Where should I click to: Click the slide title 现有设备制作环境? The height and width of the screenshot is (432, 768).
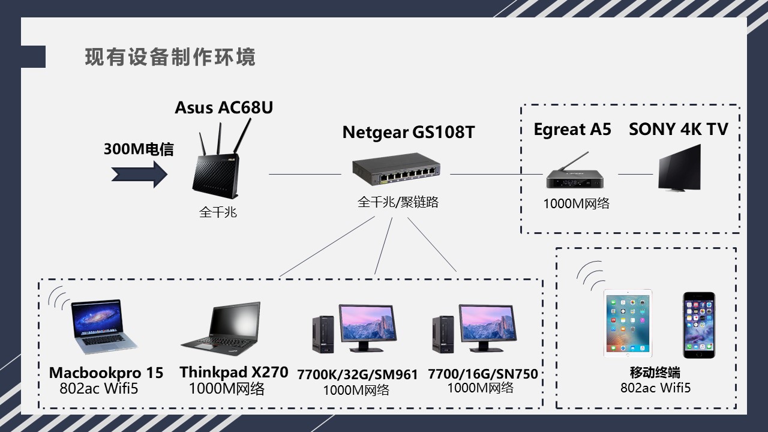[170, 57]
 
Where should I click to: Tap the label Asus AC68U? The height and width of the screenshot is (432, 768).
[224, 107]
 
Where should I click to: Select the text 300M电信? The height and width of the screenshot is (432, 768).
[139, 149]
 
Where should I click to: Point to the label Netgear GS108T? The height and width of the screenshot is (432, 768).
[408, 132]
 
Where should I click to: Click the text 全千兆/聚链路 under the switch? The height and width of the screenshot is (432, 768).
[398, 202]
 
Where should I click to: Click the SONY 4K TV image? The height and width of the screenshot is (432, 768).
[680, 171]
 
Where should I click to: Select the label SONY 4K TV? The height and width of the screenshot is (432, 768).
[678, 129]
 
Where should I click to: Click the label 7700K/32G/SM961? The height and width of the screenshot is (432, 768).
[357, 375]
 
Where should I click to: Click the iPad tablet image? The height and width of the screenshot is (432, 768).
[628, 324]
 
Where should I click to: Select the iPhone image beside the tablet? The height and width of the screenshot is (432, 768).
[698, 325]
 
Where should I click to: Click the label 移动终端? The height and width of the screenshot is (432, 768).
[655, 373]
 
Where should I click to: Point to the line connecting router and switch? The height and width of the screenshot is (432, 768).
[305, 174]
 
